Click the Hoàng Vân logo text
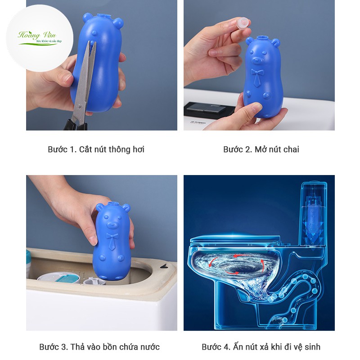[x=37, y=35]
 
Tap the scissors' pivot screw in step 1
[x=79, y=106]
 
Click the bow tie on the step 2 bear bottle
[x=257, y=72]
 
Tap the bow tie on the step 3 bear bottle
[x=112, y=236]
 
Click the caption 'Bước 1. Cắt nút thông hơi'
[x=96, y=149]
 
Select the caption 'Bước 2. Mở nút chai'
[x=261, y=149]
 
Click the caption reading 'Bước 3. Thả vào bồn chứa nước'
[x=99, y=346]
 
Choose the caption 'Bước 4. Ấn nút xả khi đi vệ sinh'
[x=261, y=346]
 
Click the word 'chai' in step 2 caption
[x=291, y=149]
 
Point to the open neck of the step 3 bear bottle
[x=113, y=204]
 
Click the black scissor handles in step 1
[x=76, y=125]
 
